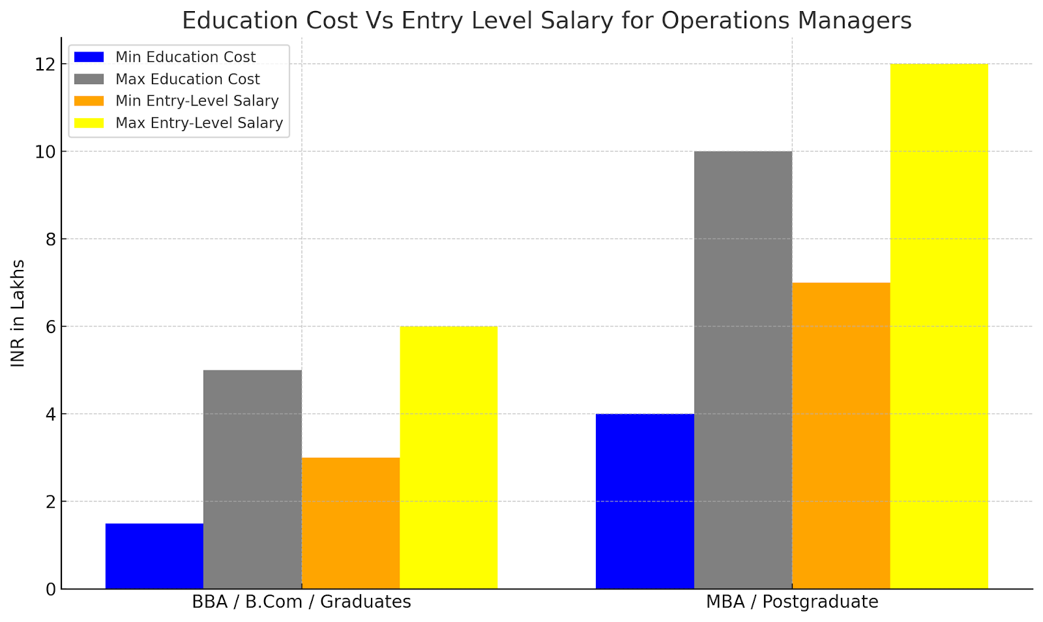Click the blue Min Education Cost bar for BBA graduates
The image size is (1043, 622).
click(154, 555)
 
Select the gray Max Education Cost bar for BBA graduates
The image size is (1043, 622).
click(252, 479)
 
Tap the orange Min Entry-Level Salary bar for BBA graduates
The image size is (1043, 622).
click(351, 523)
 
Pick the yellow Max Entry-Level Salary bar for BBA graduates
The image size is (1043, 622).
click(448, 458)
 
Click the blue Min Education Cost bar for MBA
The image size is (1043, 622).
click(645, 501)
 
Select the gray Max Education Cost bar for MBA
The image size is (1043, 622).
click(743, 370)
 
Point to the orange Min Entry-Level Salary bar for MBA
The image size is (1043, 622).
click(841, 436)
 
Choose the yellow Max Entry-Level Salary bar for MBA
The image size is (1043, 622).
click(939, 326)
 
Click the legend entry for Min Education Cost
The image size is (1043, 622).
click(185, 57)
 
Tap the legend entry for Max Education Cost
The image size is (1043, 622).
click(187, 80)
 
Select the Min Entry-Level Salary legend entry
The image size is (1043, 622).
click(197, 101)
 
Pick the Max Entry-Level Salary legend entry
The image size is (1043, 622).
click(199, 123)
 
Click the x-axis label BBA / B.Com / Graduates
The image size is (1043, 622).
click(301, 602)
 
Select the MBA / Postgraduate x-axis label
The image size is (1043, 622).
click(792, 602)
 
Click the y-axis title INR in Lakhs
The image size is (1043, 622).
click(18, 313)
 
